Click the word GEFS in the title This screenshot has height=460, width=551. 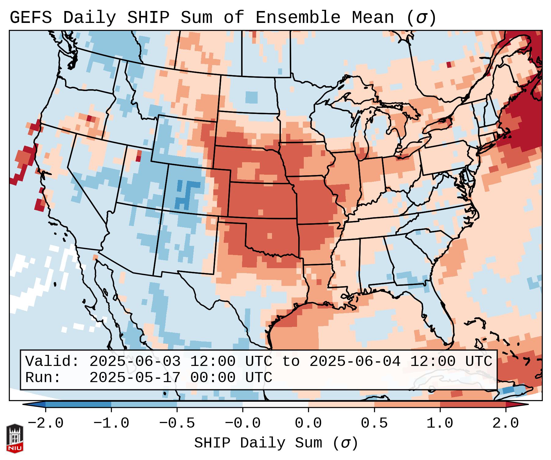point(31,18)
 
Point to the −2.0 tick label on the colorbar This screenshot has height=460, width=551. point(46,423)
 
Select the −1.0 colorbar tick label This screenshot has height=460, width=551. point(111,423)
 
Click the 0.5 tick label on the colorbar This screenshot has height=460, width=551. point(374,423)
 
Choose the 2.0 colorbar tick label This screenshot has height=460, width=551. point(506,423)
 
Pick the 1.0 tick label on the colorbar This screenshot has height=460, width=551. point(440,423)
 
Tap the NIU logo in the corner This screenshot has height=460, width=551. point(15,438)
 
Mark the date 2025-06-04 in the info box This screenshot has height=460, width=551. point(355,362)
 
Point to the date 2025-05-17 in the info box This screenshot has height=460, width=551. point(135,378)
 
